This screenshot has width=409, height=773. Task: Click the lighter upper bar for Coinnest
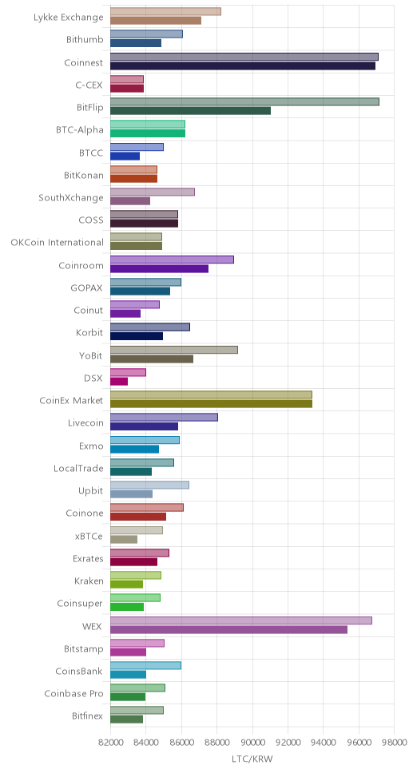[x=244, y=57]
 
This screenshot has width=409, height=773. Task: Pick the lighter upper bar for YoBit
[x=174, y=350]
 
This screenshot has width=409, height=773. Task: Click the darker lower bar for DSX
[x=119, y=381]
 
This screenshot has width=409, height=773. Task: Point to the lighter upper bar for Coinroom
[x=173, y=260]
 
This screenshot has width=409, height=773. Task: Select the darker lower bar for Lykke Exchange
[x=156, y=21]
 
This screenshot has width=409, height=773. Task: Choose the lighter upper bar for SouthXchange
[x=153, y=192]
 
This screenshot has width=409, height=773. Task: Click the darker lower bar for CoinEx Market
[x=211, y=404]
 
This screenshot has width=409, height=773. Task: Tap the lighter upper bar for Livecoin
[x=165, y=417]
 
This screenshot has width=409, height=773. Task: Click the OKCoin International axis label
[x=58, y=243]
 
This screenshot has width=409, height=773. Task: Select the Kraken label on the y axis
[x=89, y=581]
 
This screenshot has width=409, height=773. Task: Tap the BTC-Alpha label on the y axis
[x=80, y=130]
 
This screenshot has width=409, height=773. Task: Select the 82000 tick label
[x=110, y=743]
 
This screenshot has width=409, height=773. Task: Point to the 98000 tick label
[x=394, y=743]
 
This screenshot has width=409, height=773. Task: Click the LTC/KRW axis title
[x=252, y=759]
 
